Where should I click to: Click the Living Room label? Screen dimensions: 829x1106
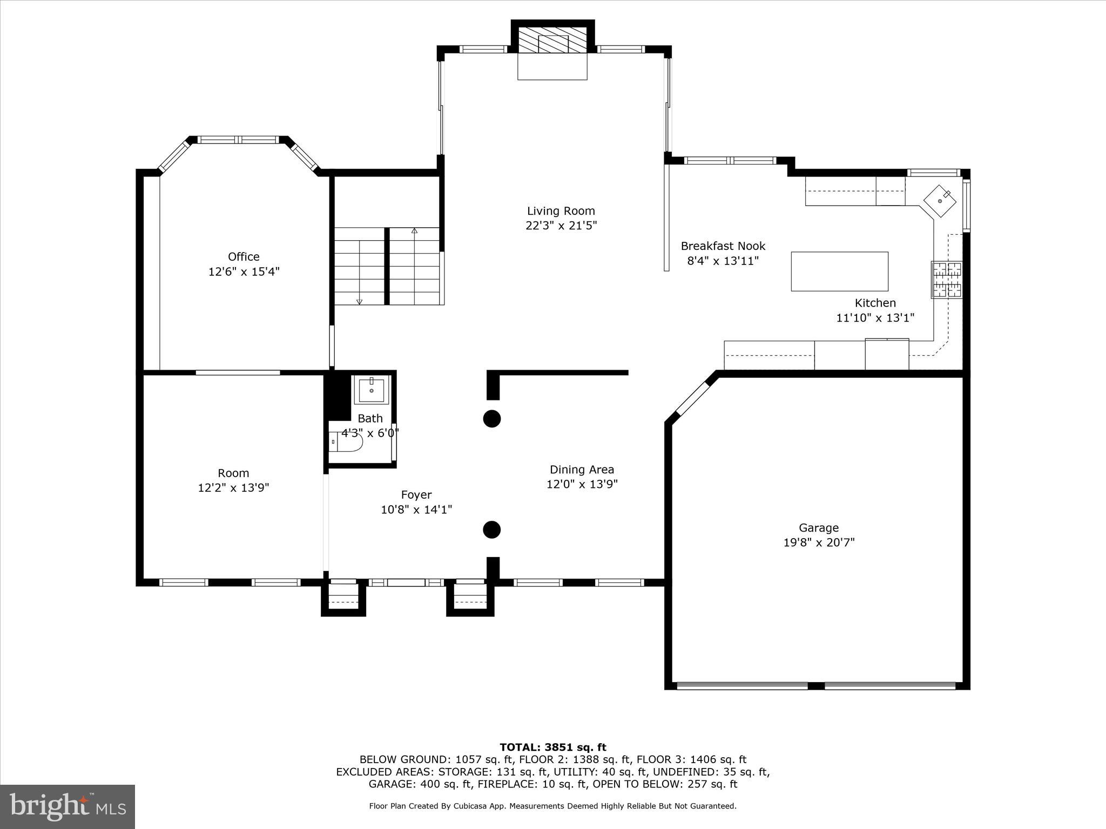pyautogui.click(x=561, y=211)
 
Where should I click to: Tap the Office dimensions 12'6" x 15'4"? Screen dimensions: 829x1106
pyautogui.click(x=244, y=271)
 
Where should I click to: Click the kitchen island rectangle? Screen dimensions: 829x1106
pyautogui.click(x=839, y=271)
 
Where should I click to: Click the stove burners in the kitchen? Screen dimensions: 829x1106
pyautogui.click(x=946, y=280)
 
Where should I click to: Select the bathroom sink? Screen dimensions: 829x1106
pyautogui.click(x=372, y=390)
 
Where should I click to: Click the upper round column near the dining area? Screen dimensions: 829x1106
pyautogui.click(x=491, y=418)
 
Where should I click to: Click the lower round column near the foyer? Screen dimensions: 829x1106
pyautogui.click(x=491, y=529)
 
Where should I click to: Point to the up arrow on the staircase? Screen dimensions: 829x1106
pyautogui.click(x=414, y=231)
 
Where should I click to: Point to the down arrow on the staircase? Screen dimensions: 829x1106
pyautogui.click(x=360, y=301)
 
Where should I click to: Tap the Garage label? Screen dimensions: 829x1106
pyautogui.click(x=819, y=528)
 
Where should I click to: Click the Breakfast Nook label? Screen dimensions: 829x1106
pyautogui.click(x=723, y=246)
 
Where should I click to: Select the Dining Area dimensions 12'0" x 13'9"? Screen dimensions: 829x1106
pyautogui.click(x=582, y=484)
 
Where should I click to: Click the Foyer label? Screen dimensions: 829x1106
pyautogui.click(x=416, y=495)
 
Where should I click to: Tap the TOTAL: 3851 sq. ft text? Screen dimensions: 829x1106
pyautogui.click(x=552, y=748)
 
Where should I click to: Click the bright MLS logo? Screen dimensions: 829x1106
pyautogui.click(x=68, y=807)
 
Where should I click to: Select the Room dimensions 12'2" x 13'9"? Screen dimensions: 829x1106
pyautogui.click(x=233, y=488)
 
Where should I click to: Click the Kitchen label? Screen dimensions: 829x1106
pyautogui.click(x=875, y=303)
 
